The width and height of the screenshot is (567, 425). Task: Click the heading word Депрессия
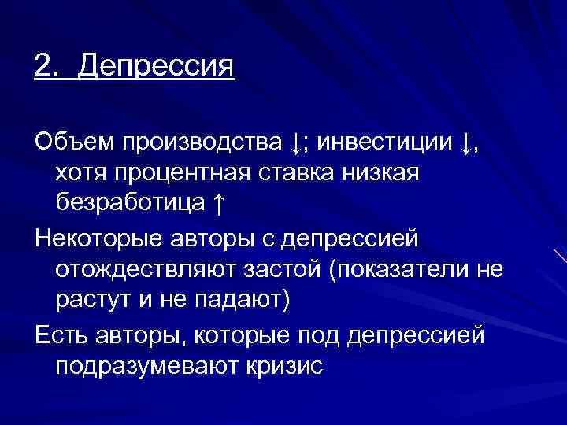157,65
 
